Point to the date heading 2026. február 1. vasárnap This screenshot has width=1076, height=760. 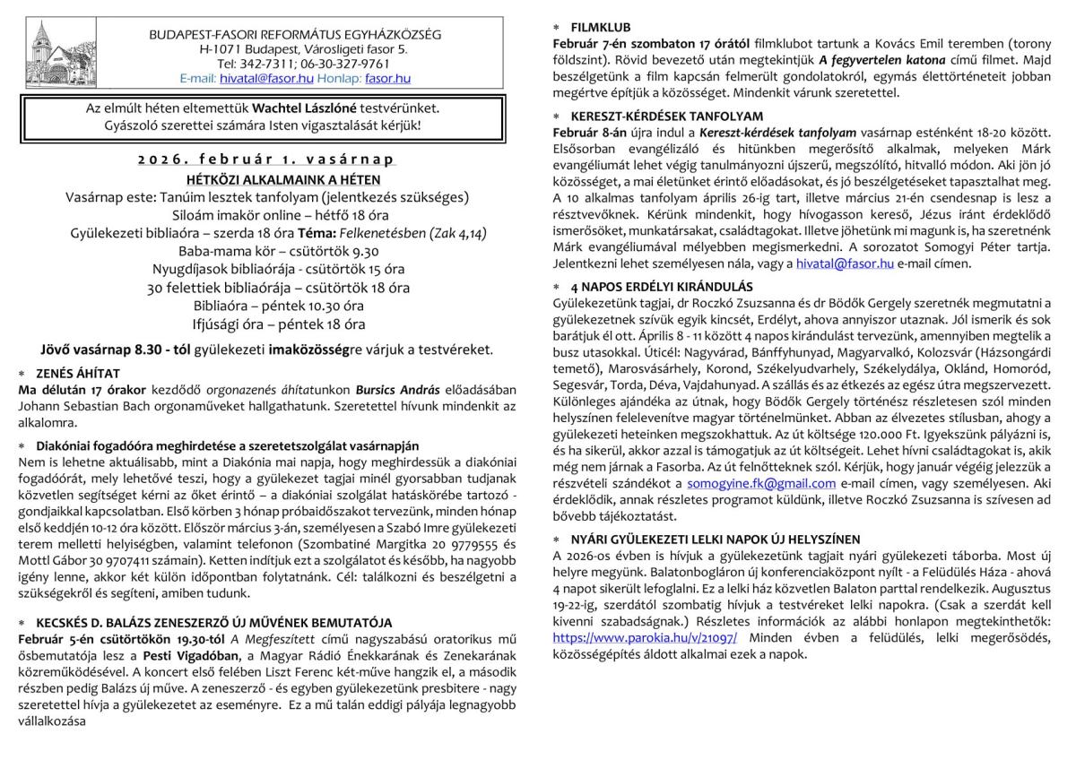(x=266, y=159)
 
